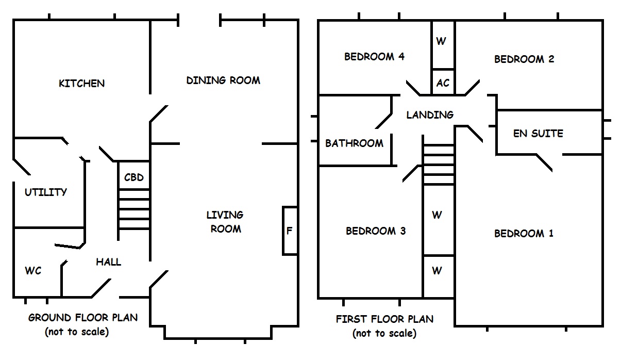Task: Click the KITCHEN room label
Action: coord(81,84)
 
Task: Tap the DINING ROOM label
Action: coord(223,80)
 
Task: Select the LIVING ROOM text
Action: coord(225,222)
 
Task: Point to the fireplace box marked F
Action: coord(290,231)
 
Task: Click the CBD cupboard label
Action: coord(133,178)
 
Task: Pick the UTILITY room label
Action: coord(46,192)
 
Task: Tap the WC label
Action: coord(33,271)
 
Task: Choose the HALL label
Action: coord(109,262)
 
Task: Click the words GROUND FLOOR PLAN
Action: coord(83,317)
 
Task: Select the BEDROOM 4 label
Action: coord(374,57)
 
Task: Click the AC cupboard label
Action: coord(443,83)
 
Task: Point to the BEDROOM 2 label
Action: coord(524,59)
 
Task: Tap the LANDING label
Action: coord(430,115)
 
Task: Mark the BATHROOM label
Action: coord(354,143)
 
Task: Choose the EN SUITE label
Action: coord(538,134)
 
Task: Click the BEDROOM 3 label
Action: coord(376,231)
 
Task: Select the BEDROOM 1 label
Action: coord(524,234)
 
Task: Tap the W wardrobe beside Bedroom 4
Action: coord(441,42)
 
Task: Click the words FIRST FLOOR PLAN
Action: coord(384,319)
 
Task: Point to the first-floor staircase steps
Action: coord(439,164)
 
